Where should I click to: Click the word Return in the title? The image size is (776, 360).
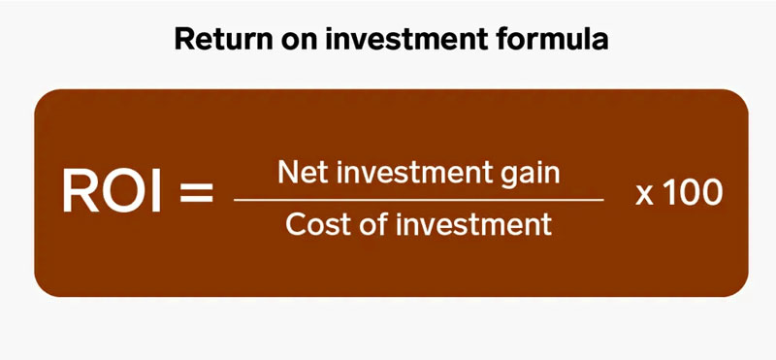coord(215,40)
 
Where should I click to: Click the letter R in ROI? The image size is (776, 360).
coord(81,191)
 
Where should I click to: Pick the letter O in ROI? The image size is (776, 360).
coord(123,191)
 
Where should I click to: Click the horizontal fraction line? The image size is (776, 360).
coord(418,199)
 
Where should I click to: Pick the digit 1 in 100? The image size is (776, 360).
coord(670,191)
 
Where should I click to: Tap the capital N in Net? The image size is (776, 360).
coord(286,173)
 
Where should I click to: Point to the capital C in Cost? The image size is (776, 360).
coord(295,225)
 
